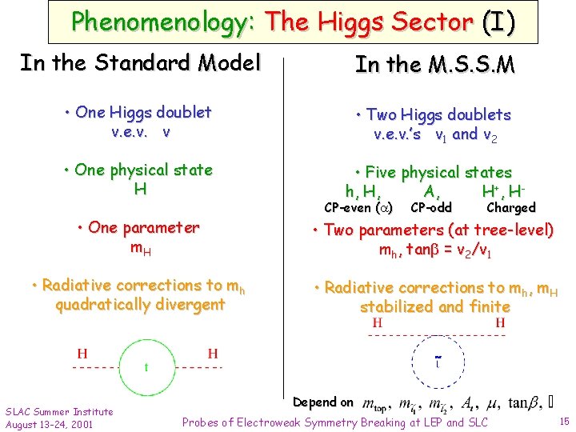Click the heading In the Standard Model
click(x=140, y=62)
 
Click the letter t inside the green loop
click(x=146, y=368)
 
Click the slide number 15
click(x=564, y=421)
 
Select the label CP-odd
click(x=430, y=208)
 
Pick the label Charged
click(x=510, y=208)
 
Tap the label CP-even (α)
click(x=358, y=208)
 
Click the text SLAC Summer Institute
click(x=59, y=411)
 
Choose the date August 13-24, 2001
click(x=49, y=423)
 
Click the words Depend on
click(x=323, y=402)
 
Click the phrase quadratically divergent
click(x=140, y=305)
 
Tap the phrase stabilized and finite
click(x=434, y=306)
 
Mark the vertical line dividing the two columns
click(x=285, y=200)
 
